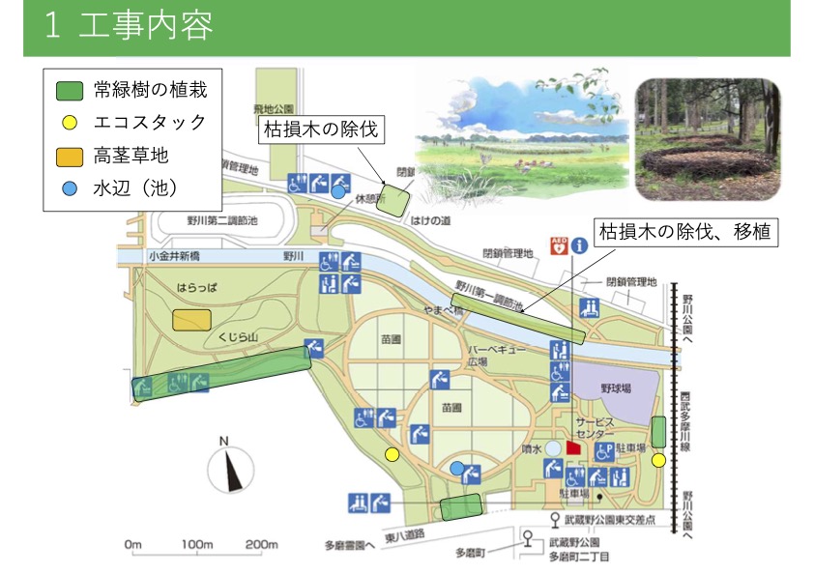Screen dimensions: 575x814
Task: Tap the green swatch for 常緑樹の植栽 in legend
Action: click(68, 91)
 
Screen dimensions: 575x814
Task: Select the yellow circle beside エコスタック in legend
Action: click(68, 123)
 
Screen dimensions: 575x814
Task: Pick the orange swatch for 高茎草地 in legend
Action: click(68, 155)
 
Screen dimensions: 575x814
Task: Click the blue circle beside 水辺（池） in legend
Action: click(68, 187)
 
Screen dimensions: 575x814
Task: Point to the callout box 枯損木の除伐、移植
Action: click(686, 232)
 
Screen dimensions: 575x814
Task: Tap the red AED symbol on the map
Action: click(558, 245)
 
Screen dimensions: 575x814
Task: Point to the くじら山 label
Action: click(236, 335)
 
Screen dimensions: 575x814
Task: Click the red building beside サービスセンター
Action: click(573, 448)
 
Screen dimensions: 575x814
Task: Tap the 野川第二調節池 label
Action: click(222, 220)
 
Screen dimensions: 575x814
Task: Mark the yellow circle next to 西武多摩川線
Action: click(658, 460)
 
